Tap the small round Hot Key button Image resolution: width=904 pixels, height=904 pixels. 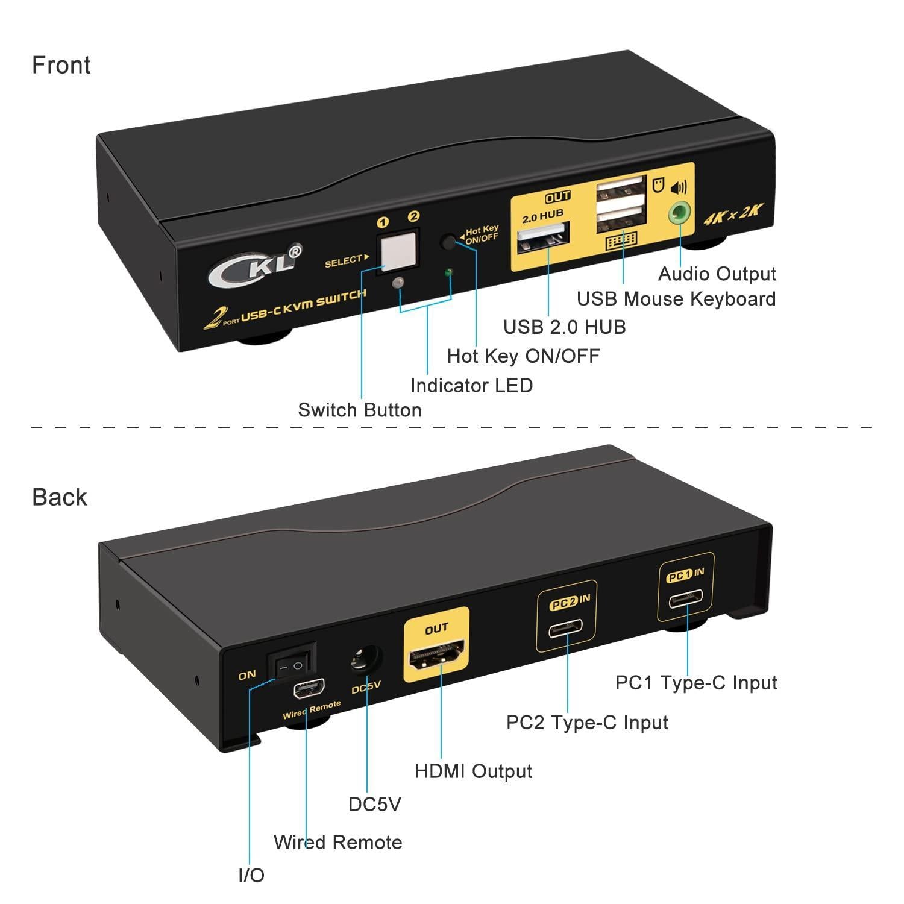449,242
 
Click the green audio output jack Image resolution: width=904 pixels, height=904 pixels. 680,212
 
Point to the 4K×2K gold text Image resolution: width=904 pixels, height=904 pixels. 733,215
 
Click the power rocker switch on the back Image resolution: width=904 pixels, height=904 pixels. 296,664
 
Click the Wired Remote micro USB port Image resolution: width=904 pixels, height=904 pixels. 309,688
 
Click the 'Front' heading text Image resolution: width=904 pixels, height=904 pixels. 61,65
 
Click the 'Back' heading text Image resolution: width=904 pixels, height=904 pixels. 59,497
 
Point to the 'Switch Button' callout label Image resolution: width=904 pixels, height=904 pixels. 359,410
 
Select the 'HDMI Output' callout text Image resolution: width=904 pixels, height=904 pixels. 473,771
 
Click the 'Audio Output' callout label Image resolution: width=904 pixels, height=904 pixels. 717,274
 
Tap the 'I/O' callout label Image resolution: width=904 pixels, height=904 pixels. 251,876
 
